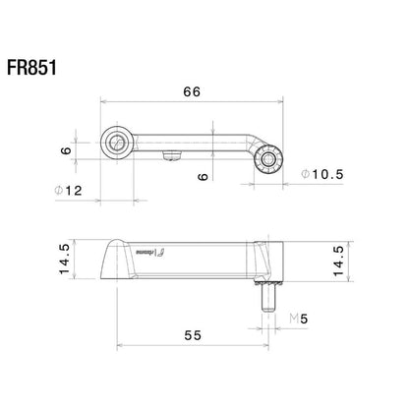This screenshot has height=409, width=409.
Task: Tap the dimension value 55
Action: [192, 335]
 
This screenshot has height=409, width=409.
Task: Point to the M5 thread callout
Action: [299, 318]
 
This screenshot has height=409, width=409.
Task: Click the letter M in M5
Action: [294, 318]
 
